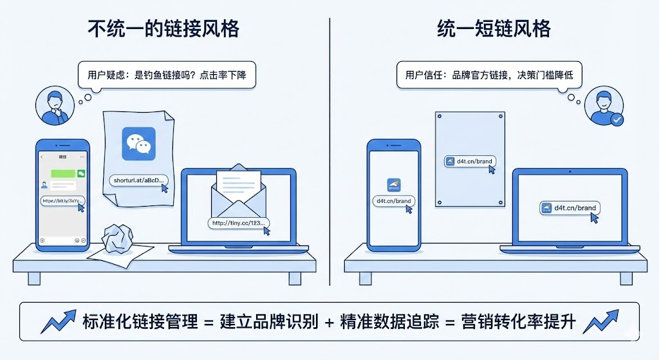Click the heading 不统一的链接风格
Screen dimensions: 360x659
(x=163, y=29)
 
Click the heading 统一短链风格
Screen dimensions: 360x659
(x=494, y=29)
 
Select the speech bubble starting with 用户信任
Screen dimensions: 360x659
(x=489, y=75)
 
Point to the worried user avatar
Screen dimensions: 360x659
(x=53, y=107)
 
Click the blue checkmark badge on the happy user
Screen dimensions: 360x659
(x=617, y=119)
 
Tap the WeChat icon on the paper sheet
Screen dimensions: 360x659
(x=138, y=143)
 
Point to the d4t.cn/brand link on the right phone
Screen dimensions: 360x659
(x=393, y=201)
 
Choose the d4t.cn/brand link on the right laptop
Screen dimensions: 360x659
(x=569, y=208)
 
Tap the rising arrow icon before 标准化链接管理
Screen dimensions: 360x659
(x=59, y=321)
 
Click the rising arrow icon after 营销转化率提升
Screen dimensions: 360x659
(x=600, y=321)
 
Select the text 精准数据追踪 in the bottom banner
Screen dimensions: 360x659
(x=388, y=321)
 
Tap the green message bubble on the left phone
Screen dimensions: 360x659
(x=61, y=174)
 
